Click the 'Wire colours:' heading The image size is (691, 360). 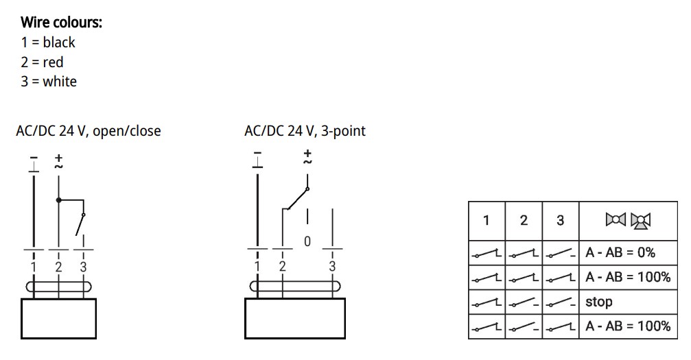61,22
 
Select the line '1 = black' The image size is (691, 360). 48,43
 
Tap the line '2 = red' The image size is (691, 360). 43,62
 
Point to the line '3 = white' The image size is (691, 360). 49,82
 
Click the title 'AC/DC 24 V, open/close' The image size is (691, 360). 88,131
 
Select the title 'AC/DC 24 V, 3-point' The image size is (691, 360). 305,131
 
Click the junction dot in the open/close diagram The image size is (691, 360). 58,200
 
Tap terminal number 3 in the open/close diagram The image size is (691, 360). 83,267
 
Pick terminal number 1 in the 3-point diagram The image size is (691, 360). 257,266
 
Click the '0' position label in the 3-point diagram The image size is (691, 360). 307,241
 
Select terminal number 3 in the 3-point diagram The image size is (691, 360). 332,266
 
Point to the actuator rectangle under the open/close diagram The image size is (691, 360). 58,319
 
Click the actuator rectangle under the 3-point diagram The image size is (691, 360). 295,319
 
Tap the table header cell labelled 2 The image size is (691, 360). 524,220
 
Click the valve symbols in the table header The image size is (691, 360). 629,220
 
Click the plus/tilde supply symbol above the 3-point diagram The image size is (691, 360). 307,157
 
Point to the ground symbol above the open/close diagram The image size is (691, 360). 34,164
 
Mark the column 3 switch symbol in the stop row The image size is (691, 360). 561,302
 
